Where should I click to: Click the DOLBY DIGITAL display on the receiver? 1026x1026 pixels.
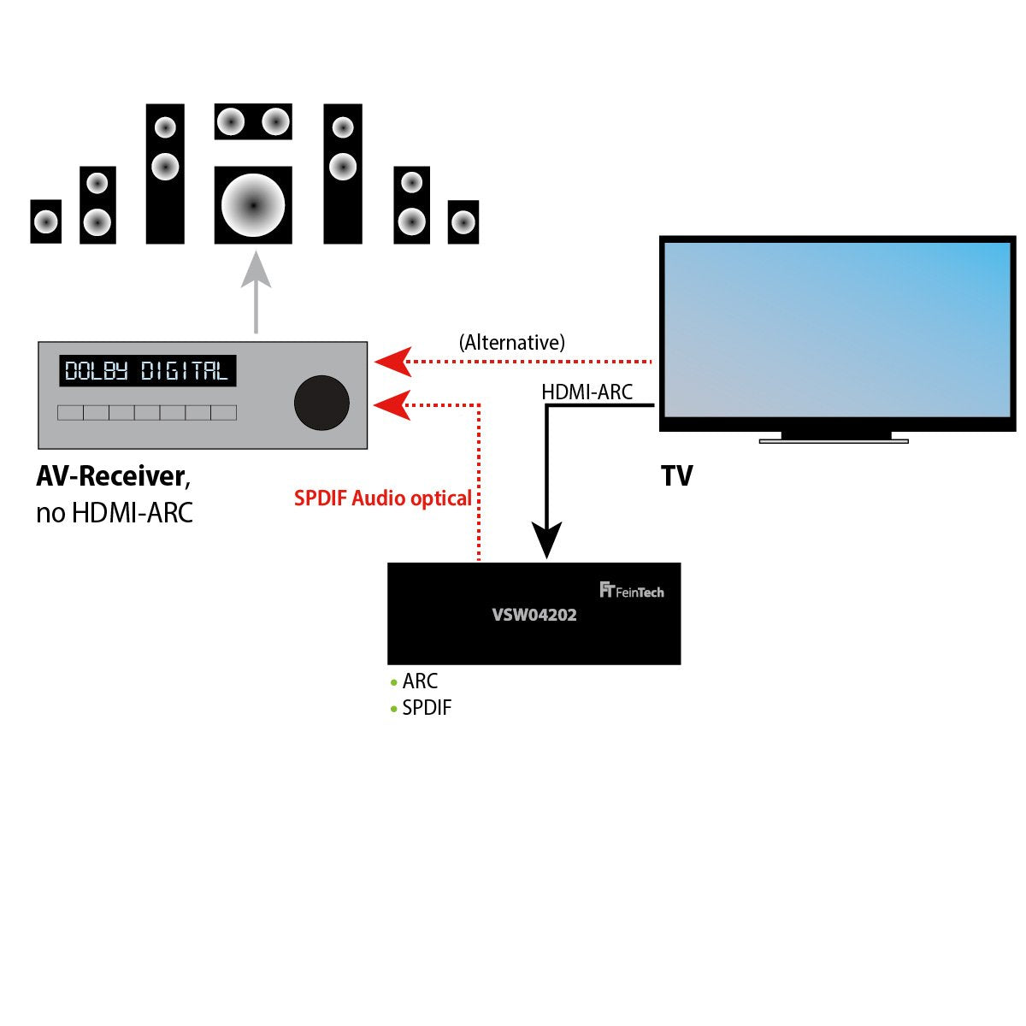147,371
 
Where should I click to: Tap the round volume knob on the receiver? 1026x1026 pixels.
321,403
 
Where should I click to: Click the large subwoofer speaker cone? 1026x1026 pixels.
253,205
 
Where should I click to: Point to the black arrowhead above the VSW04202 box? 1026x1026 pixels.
547,540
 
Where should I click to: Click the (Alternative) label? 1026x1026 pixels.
512,343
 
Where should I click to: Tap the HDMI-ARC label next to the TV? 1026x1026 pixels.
587,392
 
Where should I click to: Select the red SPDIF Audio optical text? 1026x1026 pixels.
383,498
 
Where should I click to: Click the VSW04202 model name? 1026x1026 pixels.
534,615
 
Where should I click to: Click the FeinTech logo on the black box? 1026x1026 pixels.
632,591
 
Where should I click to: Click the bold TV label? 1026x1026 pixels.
676,476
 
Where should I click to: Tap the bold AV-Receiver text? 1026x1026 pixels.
110,476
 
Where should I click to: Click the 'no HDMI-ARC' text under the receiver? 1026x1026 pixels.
115,513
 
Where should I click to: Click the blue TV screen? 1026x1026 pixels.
836,328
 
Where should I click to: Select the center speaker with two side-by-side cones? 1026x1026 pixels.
253,121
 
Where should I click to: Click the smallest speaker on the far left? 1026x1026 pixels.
45,222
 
